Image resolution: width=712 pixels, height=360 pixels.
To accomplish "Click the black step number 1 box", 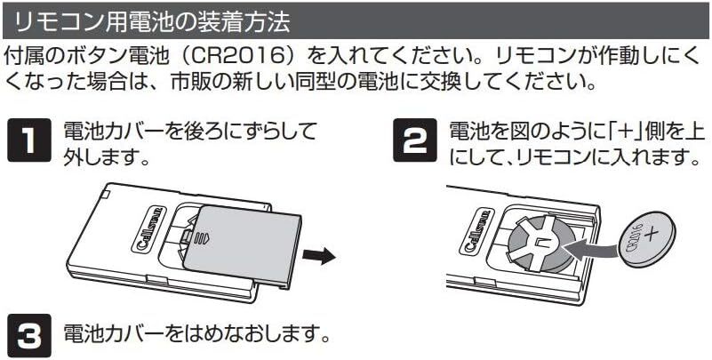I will tap(29, 142).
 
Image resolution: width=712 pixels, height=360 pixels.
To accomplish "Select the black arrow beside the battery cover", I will tap(318, 256).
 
